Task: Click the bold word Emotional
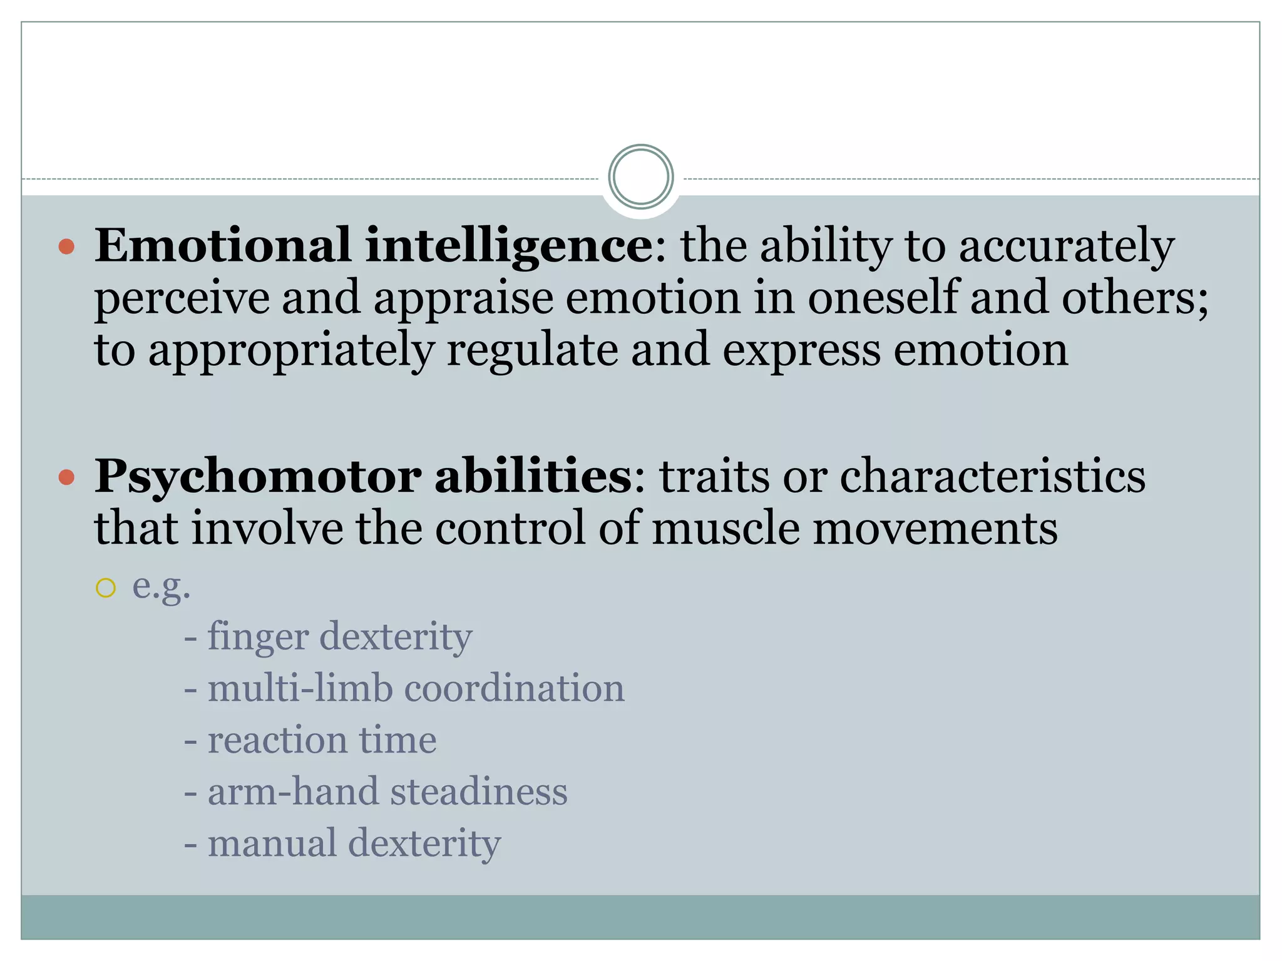(222, 245)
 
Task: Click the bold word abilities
(533, 477)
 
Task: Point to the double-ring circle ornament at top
(640, 176)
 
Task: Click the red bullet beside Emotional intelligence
(66, 247)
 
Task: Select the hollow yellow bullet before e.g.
(106, 588)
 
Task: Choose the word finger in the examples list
(257, 638)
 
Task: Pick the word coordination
(514, 688)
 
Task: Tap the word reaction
(277, 740)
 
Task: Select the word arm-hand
(293, 791)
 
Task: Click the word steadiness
(479, 791)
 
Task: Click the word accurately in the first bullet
(1066, 247)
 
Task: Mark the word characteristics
(992, 477)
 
